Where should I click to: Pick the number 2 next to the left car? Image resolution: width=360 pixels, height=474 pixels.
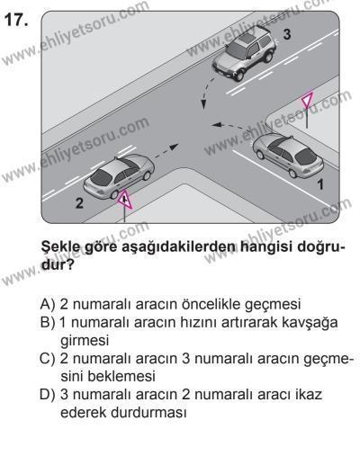(78, 203)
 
